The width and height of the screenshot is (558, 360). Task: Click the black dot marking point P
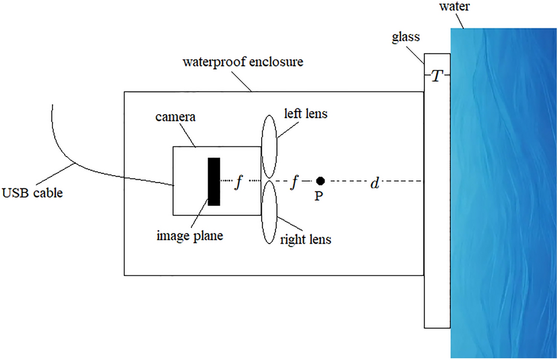click(x=321, y=181)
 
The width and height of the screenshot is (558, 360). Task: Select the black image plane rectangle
click(x=214, y=181)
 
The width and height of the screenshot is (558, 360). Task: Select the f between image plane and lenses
click(x=237, y=182)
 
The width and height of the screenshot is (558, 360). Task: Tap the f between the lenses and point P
click(x=295, y=182)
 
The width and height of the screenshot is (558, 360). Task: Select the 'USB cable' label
click(x=31, y=192)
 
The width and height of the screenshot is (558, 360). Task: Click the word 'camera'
click(x=176, y=117)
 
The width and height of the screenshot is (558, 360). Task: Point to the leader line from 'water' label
click(x=461, y=21)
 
